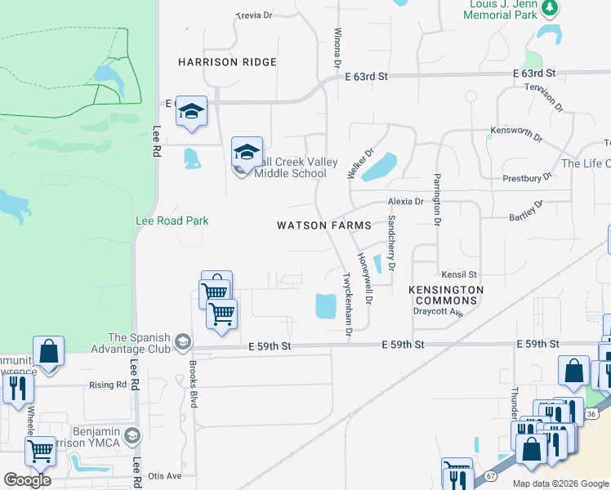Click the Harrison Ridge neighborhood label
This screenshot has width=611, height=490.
click(x=228, y=62)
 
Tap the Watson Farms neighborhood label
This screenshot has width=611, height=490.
click(x=324, y=225)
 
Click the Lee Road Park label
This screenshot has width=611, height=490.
click(x=172, y=220)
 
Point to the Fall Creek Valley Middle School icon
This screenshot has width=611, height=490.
click(x=247, y=152)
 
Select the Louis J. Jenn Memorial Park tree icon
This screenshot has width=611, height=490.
click(x=551, y=8)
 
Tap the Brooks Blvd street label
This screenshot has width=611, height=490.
click(x=194, y=383)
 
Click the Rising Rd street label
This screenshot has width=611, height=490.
click(x=109, y=385)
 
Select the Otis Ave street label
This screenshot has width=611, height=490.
click(x=164, y=476)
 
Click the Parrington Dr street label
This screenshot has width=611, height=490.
click(x=437, y=199)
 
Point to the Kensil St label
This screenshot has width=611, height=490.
click(x=458, y=275)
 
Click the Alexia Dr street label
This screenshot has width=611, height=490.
click(x=406, y=201)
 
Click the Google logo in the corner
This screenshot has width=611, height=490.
click(x=27, y=480)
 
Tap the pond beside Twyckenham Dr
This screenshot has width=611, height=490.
click(x=325, y=307)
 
